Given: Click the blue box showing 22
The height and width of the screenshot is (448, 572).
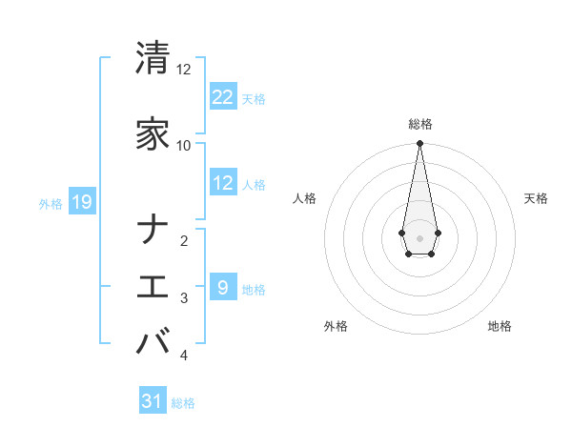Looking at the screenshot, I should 223,96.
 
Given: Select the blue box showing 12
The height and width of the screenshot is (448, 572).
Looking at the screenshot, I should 223,183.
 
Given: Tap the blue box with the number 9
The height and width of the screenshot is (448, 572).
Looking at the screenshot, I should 223,288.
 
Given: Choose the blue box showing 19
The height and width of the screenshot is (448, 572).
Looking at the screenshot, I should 82,202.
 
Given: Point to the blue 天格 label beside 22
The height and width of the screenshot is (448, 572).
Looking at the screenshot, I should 254,98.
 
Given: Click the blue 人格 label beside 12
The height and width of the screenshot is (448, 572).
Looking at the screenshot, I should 254,184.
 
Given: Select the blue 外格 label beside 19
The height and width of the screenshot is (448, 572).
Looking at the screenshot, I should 51,203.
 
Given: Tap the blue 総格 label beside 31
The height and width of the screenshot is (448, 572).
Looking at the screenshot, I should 183,403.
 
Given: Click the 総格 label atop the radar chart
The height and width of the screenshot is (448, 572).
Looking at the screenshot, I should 420,124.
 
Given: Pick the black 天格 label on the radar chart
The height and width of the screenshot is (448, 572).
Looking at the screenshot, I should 537,198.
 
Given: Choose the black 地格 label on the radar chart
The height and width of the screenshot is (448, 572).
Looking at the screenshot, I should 500,326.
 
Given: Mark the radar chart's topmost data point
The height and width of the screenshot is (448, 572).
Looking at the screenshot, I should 419,144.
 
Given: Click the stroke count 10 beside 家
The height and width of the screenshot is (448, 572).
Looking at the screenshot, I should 183,145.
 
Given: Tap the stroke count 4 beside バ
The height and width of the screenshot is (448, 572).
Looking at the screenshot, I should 184,356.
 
